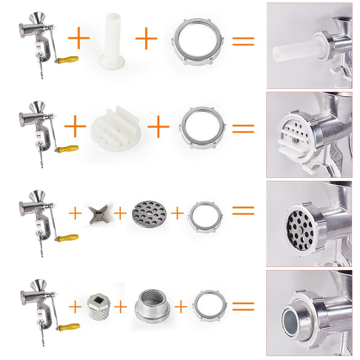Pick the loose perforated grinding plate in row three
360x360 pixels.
148,213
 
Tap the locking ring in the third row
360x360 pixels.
205,214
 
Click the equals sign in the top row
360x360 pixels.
243,41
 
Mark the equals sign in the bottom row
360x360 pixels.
243,306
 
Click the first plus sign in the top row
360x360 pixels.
79,39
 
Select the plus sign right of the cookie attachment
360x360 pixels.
158,128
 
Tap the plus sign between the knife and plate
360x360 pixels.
120,213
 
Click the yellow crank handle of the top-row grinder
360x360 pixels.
68,59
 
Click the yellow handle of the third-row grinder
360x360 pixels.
68,237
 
